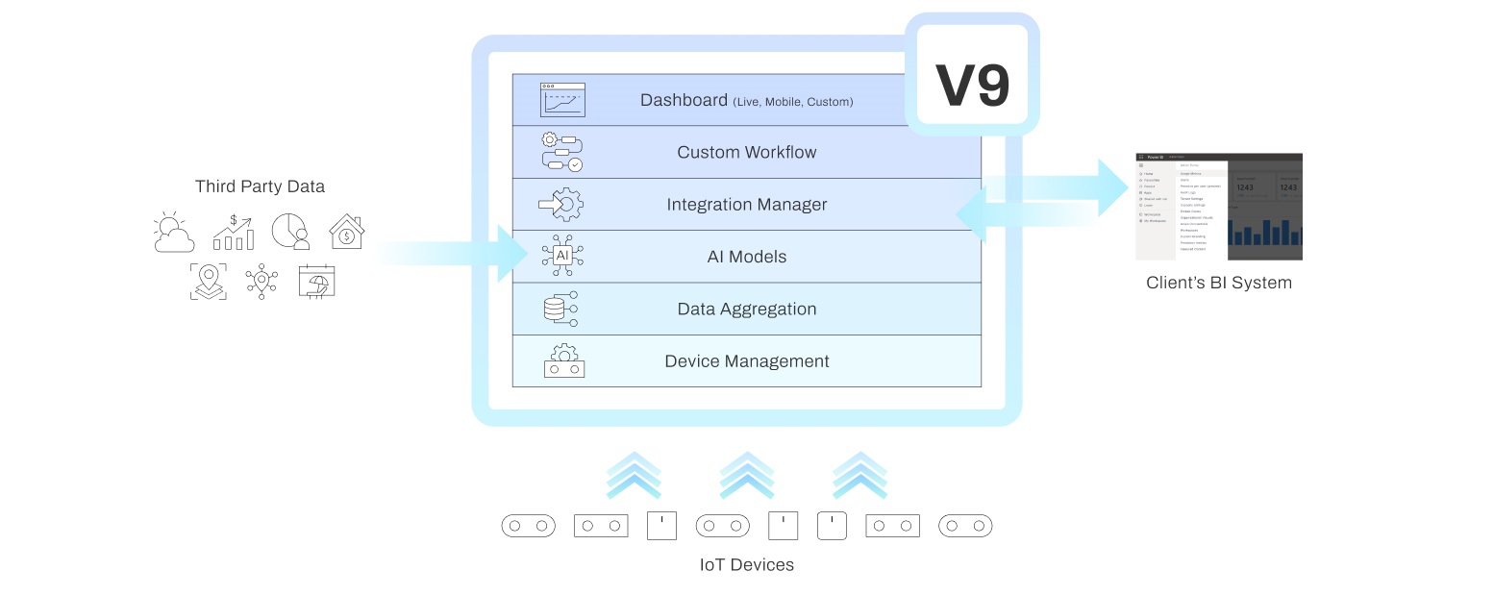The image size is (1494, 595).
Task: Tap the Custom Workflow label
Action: pyautogui.click(x=746, y=152)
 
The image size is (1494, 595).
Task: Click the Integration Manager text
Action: pyautogui.click(x=746, y=205)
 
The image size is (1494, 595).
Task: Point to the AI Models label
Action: pyautogui.click(x=746, y=257)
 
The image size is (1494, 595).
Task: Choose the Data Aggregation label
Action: pyautogui.click(x=746, y=309)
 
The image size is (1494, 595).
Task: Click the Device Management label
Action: pyautogui.click(x=746, y=361)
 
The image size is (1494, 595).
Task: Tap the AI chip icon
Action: pyautogui.click(x=562, y=256)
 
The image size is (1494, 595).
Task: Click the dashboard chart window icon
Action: pyautogui.click(x=562, y=100)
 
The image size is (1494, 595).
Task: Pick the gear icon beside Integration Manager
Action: pyautogui.click(x=562, y=204)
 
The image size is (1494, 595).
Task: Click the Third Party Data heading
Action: pyautogui.click(x=260, y=186)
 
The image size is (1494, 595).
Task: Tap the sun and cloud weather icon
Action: pyautogui.click(x=174, y=232)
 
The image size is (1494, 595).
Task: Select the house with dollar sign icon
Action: pyautogui.click(x=346, y=232)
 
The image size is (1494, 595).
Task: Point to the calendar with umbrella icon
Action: pyautogui.click(x=316, y=281)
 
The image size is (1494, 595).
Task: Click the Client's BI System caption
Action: pyautogui.click(x=1218, y=283)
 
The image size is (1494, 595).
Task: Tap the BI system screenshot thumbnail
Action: pyautogui.click(x=1218, y=207)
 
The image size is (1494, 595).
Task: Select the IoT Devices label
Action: pyautogui.click(x=746, y=564)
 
